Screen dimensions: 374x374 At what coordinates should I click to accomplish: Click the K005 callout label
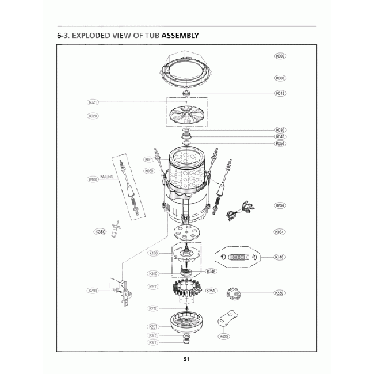pos(281,56)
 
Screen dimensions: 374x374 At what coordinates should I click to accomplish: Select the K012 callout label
pos(281,93)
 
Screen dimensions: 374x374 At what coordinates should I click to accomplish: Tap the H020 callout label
pos(93,116)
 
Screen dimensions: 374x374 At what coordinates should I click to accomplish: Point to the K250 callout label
pos(281,205)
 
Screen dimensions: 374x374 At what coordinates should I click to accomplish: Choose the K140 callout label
pos(281,257)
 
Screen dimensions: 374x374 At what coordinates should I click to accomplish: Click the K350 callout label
pos(100,232)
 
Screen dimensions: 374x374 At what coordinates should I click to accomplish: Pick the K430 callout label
pos(223,336)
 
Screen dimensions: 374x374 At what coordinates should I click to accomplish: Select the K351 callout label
pos(212,291)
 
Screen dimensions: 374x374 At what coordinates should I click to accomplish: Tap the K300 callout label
pos(153,342)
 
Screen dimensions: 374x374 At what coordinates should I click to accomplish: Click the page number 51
pos(187,360)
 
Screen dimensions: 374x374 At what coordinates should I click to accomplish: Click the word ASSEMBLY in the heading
pos(180,36)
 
